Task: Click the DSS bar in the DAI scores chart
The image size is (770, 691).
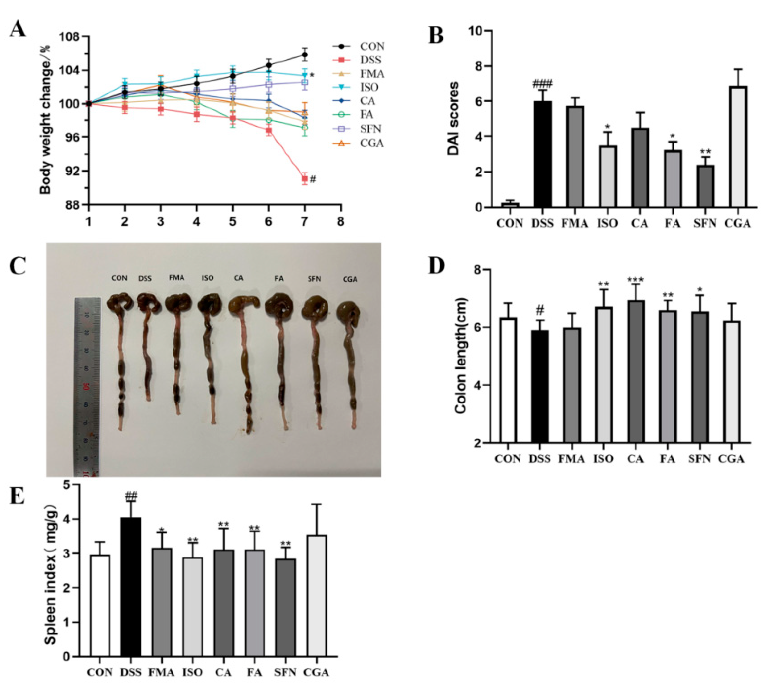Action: pos(542,154)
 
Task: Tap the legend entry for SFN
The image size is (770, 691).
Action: pos(370,129)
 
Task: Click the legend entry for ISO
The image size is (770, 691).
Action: pos(369,87)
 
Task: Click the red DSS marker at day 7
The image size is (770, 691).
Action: pos(304,178)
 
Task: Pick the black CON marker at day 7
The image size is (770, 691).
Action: pos(304,54)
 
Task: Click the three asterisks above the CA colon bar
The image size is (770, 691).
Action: pos(635,280)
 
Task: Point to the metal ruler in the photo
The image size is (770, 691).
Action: pos(88,383)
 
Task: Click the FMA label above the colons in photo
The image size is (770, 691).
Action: pos(176,278)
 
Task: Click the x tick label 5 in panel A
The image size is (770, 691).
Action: pos(232,221)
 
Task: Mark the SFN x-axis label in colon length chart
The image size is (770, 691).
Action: pos(699,459)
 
